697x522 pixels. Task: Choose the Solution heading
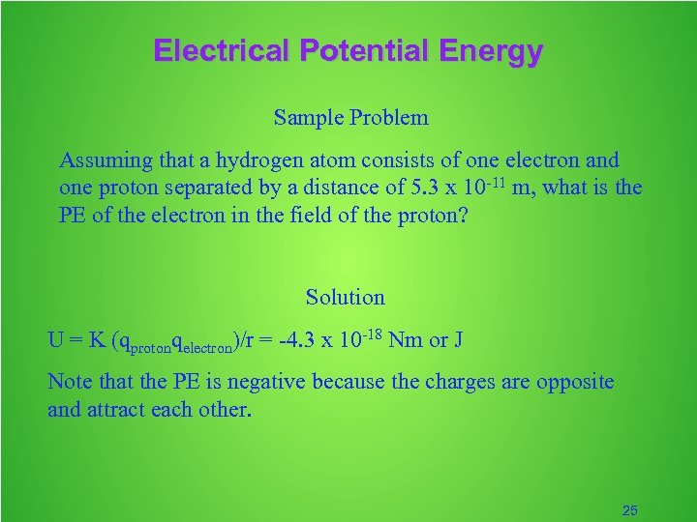pos(346,298)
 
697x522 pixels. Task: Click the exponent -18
pos(370,333)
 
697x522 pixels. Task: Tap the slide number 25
pos(629,510)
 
